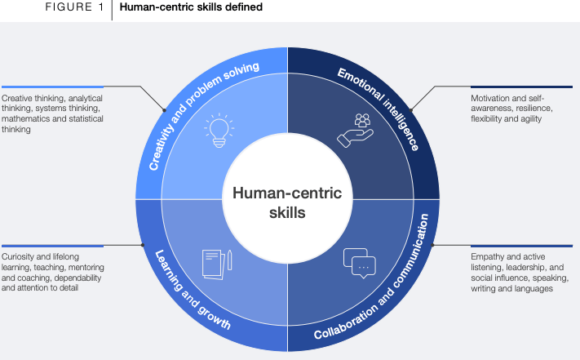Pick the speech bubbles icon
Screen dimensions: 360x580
(359, 261)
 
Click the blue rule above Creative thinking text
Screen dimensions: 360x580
(52, 86)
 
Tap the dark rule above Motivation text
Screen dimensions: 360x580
(523, 87)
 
